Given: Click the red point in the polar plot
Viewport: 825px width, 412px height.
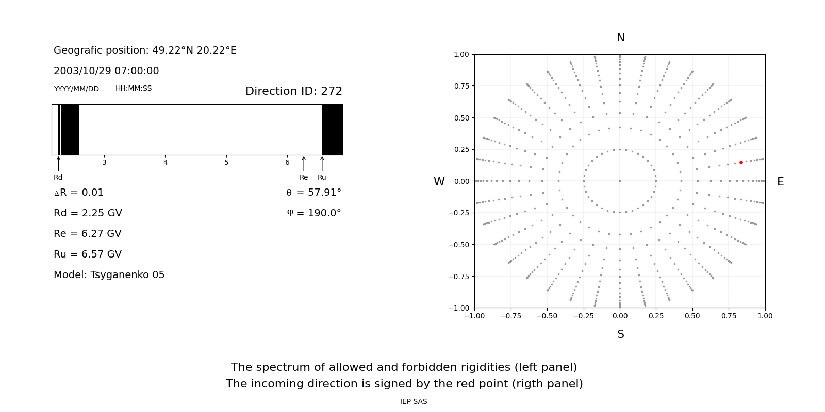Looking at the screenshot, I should [741, 162].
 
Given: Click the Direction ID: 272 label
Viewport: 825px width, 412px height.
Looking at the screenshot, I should [293, 91].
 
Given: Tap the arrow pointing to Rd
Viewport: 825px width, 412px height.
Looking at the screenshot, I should [58, 163].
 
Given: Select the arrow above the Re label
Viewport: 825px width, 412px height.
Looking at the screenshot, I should [304, 163].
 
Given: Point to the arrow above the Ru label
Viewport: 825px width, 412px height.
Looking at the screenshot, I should [322, 163].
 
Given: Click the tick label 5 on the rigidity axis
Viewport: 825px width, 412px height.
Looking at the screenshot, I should [226, 163].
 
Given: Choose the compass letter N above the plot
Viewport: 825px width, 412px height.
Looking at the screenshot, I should [620, 38].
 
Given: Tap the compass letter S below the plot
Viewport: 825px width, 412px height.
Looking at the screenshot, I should [620, 334].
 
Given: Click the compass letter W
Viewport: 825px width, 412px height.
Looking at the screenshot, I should [439, 182].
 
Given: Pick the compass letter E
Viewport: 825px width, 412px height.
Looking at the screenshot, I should [780, 182].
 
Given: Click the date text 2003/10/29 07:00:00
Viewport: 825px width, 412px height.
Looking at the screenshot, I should [106, 71].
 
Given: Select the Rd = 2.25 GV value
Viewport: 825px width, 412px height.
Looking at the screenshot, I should [88, 213].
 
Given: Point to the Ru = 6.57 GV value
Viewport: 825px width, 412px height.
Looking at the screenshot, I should [88, 254].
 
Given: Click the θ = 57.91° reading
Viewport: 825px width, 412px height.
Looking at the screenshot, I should [313, 193].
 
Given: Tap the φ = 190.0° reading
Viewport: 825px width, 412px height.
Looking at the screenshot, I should [314, 213].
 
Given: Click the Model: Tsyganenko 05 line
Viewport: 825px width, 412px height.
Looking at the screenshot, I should [109, 275].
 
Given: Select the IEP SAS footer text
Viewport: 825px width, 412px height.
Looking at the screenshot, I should [414, 402].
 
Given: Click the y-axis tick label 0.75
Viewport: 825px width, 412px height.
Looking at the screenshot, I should [461, 86].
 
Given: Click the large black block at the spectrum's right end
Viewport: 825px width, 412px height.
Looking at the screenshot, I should [333, 129].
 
